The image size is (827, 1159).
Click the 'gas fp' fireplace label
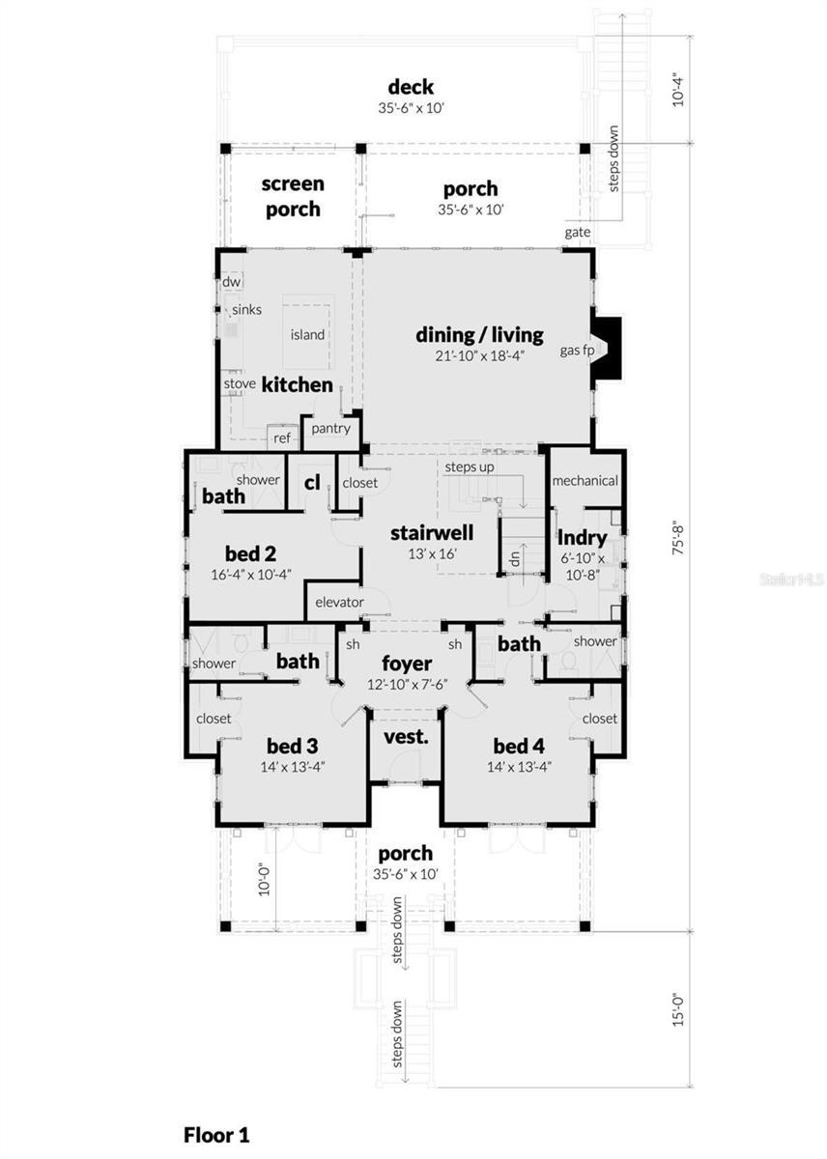577,350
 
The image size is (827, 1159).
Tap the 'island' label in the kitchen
307,334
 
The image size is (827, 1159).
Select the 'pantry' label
330,428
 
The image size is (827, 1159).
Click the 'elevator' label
339,602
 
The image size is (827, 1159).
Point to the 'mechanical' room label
585,480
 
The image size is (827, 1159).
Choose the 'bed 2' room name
249,553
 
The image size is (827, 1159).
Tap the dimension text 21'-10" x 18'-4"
479,356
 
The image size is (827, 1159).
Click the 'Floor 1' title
216,1134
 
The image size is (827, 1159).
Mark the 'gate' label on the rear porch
578,233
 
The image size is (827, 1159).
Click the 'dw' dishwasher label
232,281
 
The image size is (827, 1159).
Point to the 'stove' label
240,383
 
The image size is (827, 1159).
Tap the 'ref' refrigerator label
282,438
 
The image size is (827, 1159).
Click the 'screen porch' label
293,195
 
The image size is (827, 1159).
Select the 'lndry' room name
583,538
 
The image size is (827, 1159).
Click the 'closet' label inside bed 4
599,719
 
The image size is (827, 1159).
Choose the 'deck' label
411,88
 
